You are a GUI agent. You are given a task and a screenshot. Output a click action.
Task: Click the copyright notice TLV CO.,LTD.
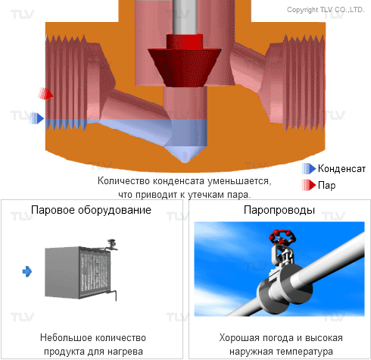[326, 10]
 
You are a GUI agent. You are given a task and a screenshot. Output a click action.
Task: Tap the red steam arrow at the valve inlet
[45, 93]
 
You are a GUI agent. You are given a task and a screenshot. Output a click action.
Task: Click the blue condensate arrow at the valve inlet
[37, 118]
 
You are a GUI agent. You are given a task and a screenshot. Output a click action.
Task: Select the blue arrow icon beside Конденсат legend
[309, 168]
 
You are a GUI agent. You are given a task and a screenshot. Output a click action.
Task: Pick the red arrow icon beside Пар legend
[309, 185]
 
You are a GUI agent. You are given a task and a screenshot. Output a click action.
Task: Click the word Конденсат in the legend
[341, 169]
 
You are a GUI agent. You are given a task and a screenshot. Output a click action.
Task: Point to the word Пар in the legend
[326, 185]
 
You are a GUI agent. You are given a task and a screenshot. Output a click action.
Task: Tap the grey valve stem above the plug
[185, 17]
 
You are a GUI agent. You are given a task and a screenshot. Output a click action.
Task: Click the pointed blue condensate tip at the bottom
[185, 155]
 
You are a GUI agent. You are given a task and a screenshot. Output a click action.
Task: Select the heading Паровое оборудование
[91, 210]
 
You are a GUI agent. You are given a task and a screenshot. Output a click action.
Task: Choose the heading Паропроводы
[279, 210]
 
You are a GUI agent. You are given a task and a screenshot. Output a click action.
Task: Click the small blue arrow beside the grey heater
[27, 271]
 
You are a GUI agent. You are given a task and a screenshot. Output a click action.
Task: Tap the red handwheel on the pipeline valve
[282, 236]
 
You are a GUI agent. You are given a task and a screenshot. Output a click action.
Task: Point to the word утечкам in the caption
[207, 195]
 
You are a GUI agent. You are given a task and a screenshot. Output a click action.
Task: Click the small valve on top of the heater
[111, 245]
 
